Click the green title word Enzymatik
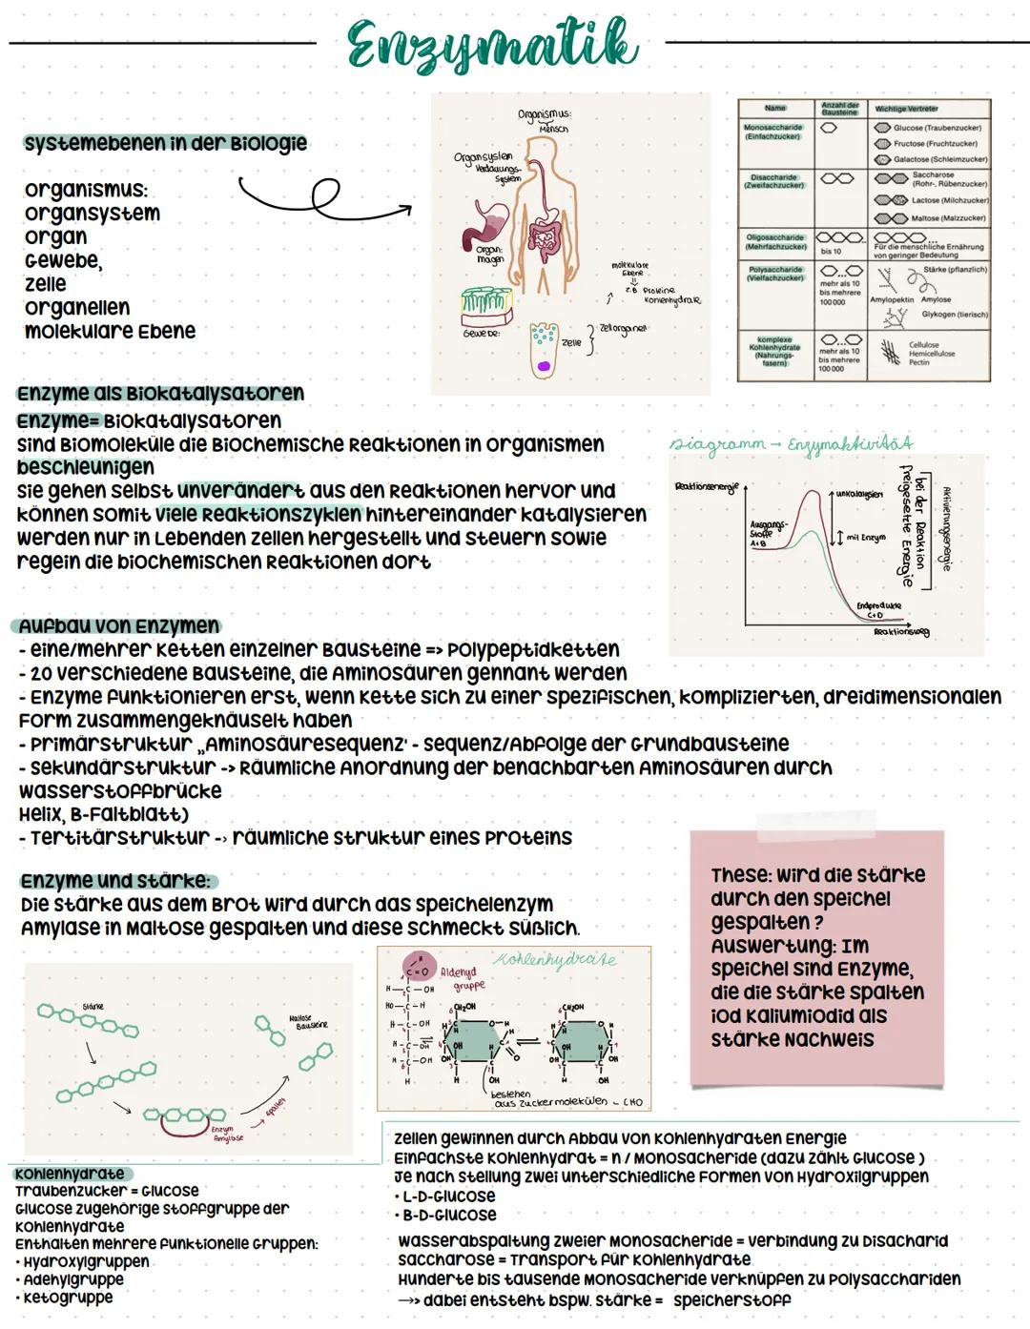coord(491,45)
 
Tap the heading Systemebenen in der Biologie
coord(165,144)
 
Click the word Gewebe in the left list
coord(63,260)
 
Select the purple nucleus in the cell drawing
coord(544,364)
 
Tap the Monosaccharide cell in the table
coord(773,133)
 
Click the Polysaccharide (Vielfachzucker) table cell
coord(773,275)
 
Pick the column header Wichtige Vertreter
coord(906,109)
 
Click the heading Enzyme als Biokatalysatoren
coord(160,394)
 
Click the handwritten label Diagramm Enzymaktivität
coord(791,443)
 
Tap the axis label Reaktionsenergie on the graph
coord(706,487)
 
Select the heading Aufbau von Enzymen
coord(118,626)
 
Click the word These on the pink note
coord(739,875)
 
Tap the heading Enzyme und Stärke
coord(115,881)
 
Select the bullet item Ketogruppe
coord(67,1298)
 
